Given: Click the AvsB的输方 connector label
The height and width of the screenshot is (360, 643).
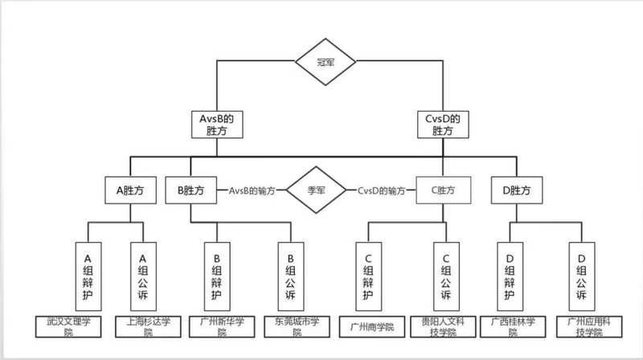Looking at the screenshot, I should pyautogui.click(x=252, y=191).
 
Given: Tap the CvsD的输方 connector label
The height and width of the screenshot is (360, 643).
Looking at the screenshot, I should pyautogui.click(x=384, y=191).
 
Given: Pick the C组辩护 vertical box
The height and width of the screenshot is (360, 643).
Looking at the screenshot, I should pyautogui.click(x=367, y=274).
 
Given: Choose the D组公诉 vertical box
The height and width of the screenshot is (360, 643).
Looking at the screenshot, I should pyautogui.click(x=580, y=274).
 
